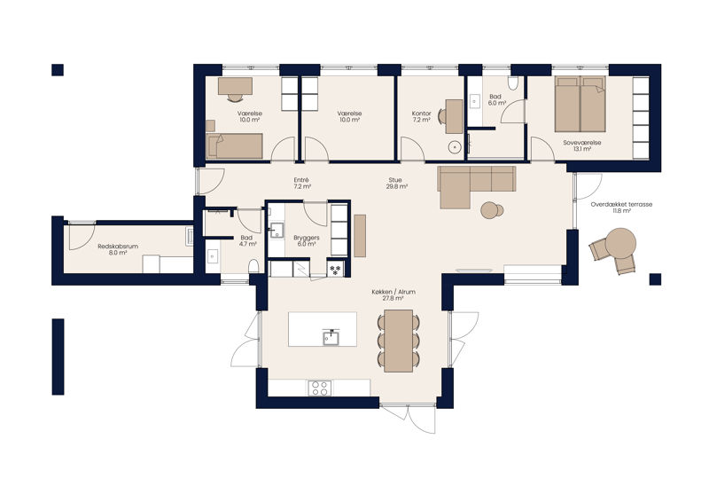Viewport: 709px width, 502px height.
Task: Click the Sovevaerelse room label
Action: coord(582,145)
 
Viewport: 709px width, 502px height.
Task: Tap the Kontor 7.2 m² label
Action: coord(422,117)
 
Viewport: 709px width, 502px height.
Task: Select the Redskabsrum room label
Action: coord(118,249)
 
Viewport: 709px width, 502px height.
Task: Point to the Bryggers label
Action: coord(306,241)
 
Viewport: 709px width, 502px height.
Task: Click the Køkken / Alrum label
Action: coord(393,295)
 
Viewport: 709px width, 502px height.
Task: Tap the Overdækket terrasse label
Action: coord(621,208)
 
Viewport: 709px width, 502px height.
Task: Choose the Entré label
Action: coord(301,183)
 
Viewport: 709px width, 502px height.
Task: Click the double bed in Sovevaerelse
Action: coord(580,104)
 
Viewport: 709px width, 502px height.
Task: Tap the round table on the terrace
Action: coord(620,243)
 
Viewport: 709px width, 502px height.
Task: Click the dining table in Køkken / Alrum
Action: coord(398,341)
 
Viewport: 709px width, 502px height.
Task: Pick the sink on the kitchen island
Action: coord(331,338)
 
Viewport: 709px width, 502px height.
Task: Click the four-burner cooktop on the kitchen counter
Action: coord(320,388)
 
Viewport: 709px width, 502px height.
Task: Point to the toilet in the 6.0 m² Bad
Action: coord(512,82)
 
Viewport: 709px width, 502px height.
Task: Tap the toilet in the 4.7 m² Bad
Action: coord(253,266)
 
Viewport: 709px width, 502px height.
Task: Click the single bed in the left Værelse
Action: coord(234,145)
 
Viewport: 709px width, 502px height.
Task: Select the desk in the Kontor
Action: coord(454,117)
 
